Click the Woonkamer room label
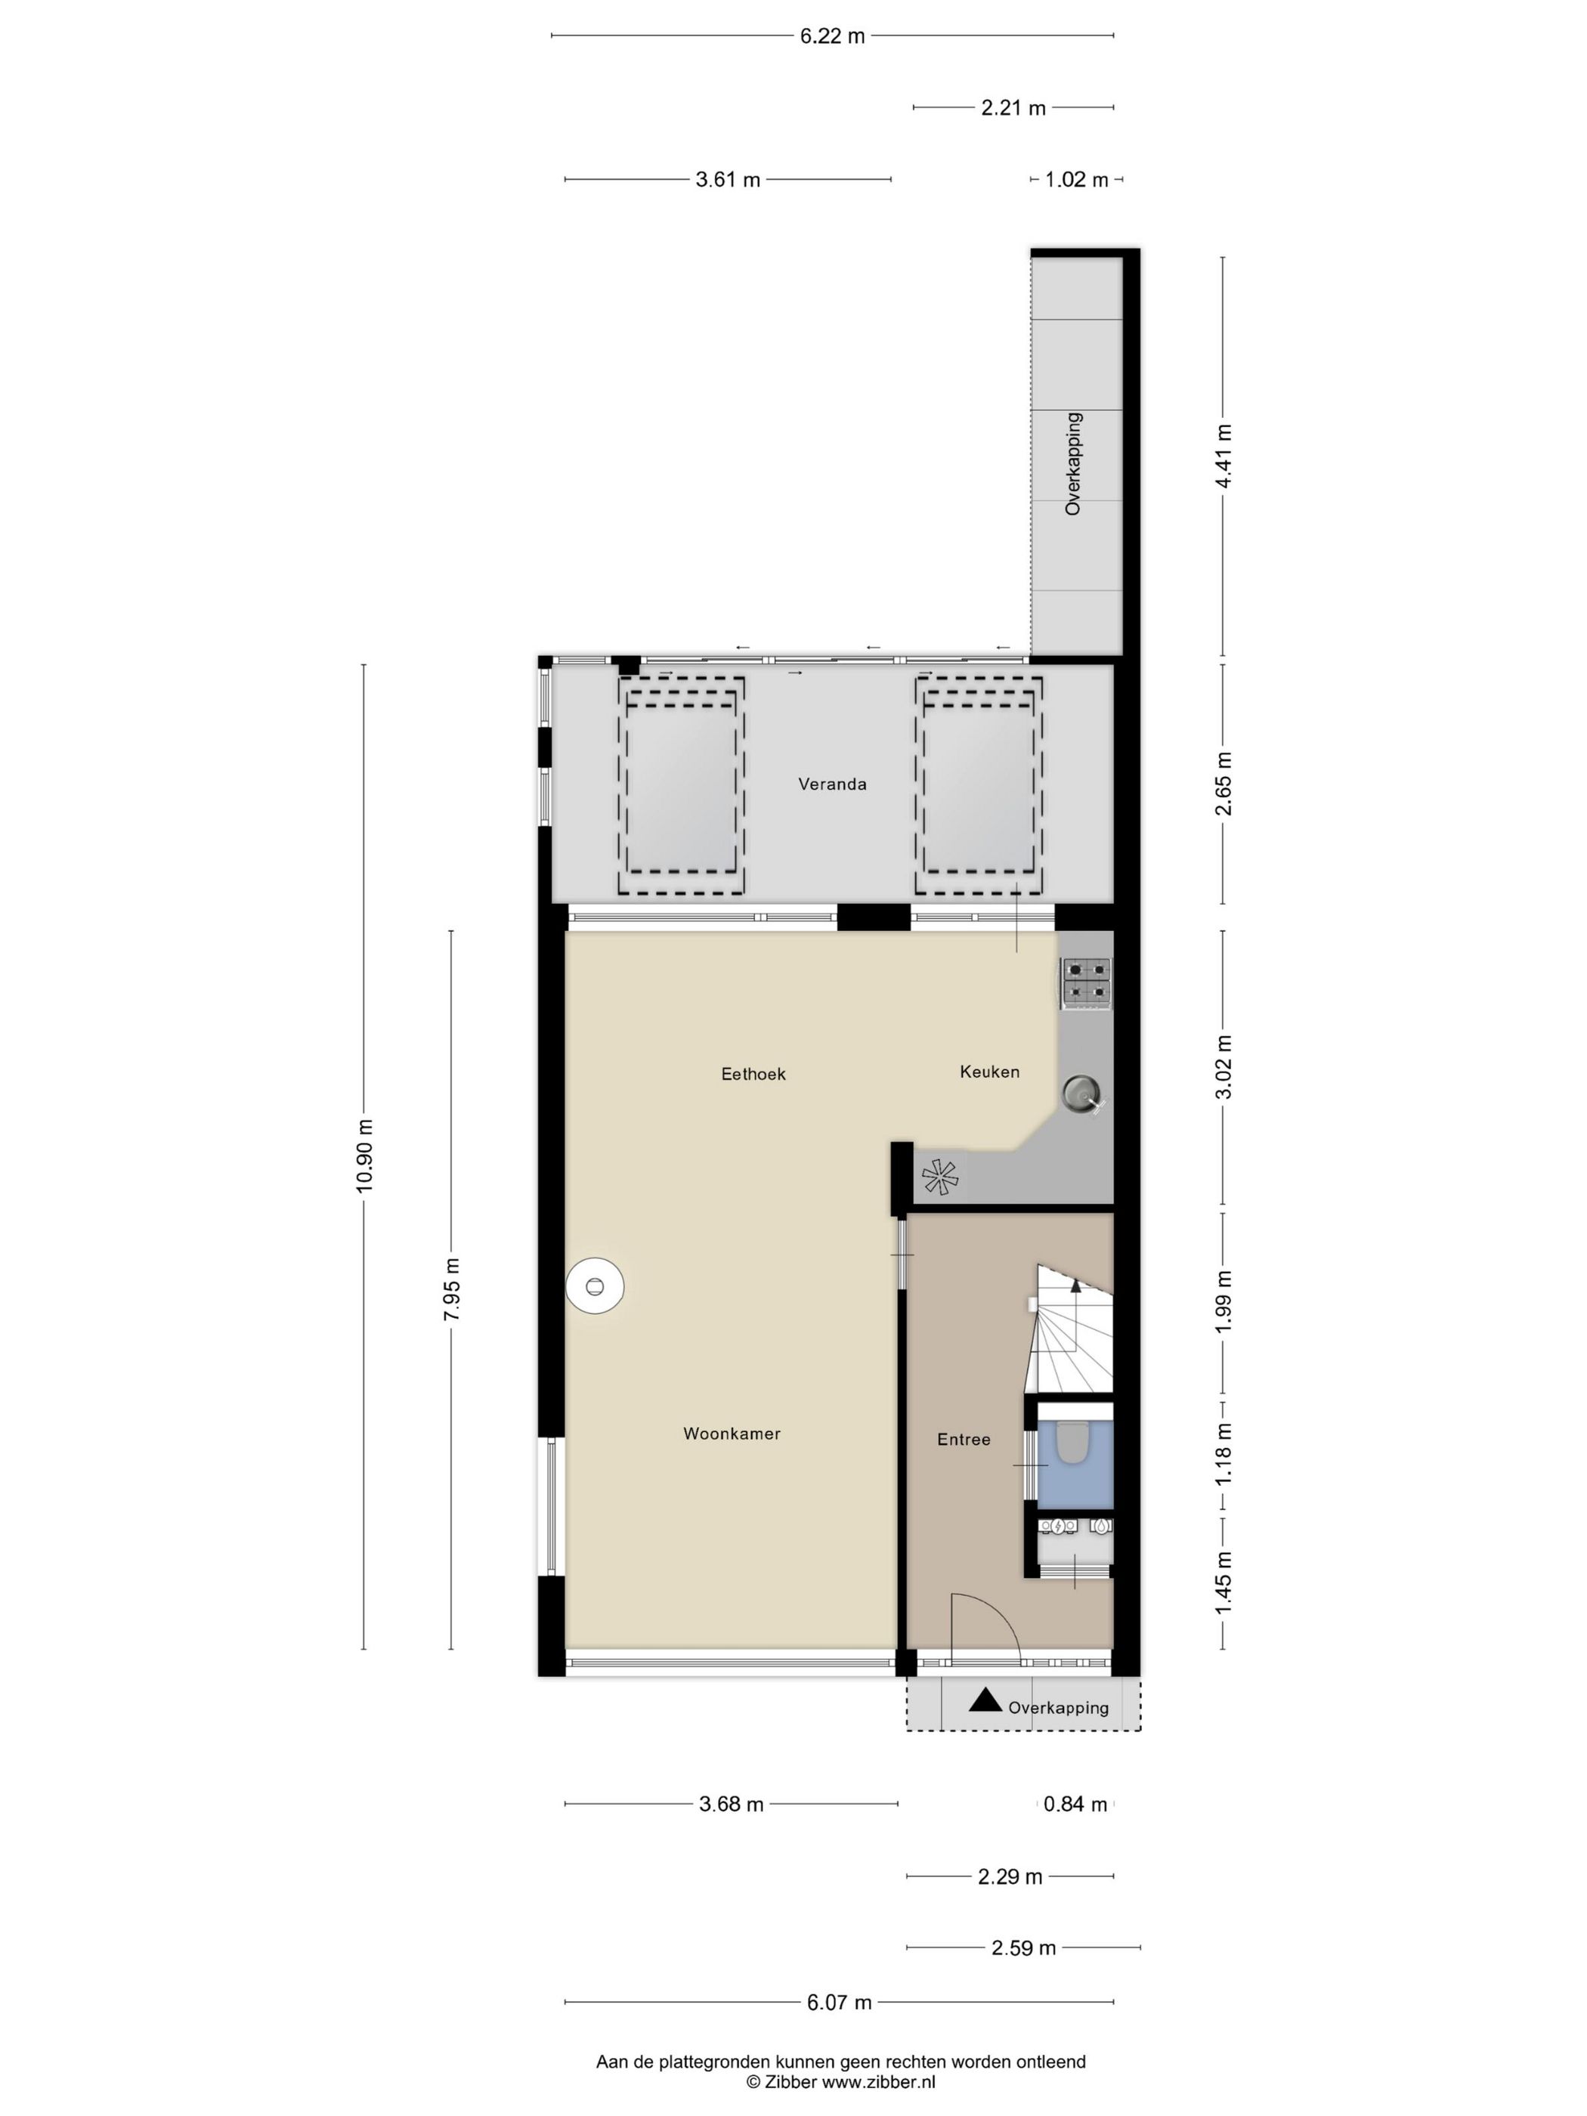point(732,1434)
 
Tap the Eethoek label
point(753,1075)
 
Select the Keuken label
point(989,1072)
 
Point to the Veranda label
point(832,784)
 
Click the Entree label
point(964,1440)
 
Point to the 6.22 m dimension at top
point(832,36)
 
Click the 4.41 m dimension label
point(1224,456)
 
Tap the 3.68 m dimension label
point(732,1804)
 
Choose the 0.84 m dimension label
point(1075,1804)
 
